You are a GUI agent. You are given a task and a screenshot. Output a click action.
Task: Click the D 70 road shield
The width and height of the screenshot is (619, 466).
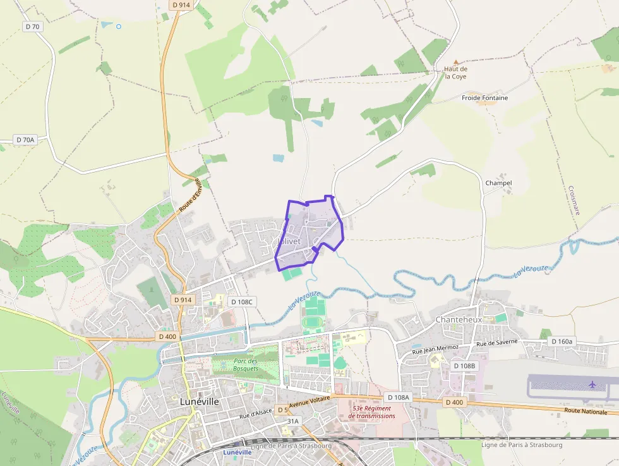point(32,27)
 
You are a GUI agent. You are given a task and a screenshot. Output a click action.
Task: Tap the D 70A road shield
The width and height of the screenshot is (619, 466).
point(25,140)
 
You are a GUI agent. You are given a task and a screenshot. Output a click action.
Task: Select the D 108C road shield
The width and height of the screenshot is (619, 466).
point(241,302)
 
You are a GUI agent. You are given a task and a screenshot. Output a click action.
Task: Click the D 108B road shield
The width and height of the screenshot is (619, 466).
point(464,366)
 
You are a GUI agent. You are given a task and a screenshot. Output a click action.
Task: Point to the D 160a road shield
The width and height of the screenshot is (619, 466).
point(562,341)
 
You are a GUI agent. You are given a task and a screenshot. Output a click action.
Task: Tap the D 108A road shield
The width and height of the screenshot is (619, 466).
point(397,397)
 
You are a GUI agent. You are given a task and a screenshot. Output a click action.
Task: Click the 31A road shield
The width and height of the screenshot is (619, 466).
point(293,420)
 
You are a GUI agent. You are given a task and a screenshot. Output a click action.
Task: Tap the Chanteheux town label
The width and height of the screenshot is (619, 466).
point(459,320)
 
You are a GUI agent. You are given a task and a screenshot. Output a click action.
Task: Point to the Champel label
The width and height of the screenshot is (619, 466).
point(498,183)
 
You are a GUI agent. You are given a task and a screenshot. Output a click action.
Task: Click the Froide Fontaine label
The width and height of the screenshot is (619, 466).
point(484,98)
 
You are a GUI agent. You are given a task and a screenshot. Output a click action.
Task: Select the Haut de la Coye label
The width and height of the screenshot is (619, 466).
point(455,73)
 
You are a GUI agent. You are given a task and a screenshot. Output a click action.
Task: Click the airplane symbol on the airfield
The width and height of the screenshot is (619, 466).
point(592,384)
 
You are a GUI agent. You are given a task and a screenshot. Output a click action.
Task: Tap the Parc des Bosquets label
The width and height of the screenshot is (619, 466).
point(245,364)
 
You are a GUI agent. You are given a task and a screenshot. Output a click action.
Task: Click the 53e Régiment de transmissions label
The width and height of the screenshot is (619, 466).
point(371,412)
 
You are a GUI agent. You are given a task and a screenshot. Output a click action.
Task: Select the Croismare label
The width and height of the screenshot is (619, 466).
point(574,200)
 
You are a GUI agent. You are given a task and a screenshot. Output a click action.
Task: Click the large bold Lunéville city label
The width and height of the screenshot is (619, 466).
point(199,402)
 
